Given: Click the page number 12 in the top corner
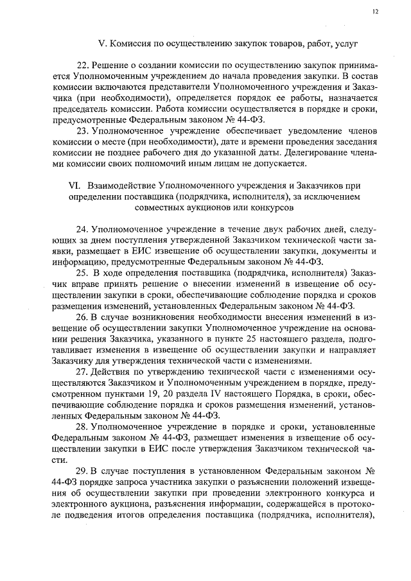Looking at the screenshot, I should point(376,12).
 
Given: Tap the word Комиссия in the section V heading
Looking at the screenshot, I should point(131,44).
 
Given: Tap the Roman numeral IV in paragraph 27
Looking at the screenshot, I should point(198,393).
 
